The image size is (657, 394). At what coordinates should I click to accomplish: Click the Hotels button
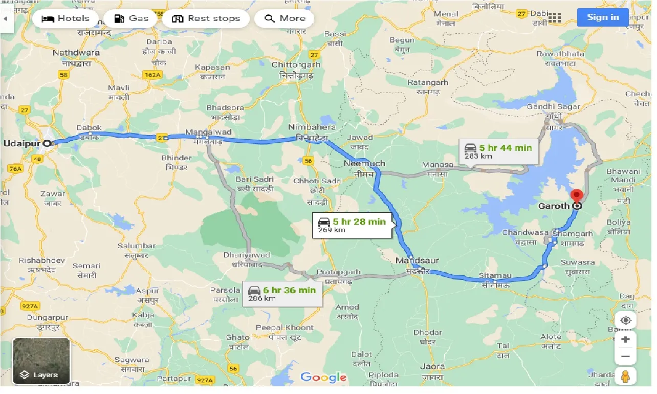pyautogui.click(x=65, y=19)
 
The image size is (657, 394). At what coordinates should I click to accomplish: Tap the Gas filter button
pyautogui.click(x=131, y=19)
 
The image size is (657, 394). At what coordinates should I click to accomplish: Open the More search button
pyautogui.click(x=284, y=19)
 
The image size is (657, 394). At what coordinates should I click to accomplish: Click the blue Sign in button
pyautogui.click(x=602, y=17)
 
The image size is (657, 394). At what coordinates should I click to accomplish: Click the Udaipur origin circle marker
pyautogui.click(x=47, y=144)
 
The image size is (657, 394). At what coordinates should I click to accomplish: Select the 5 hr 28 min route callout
pyautogui.click(x=352, y=225)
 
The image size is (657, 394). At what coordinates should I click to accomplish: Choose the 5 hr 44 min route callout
pyautogui.click(x=498, y=151)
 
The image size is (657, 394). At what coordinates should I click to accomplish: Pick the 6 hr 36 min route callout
pyautogui.click(x=282, y=294)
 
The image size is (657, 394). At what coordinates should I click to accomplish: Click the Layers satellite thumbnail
pyautogui.click(x=41, y=361)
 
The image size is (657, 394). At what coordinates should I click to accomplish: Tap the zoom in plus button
pyautogui.click(x=625, y=340)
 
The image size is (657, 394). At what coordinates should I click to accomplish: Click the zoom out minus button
pyautogui.click(x=625, y=357)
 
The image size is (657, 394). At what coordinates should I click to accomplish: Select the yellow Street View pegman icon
pyautogui.click(x=625, y=377)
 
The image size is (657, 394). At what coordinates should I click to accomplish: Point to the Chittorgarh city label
pyautogui.click(x=296, y=65)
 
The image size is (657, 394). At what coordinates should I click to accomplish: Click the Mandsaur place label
pyautogui.click(x=417, y=260)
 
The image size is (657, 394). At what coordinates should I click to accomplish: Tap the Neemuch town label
pyautogui.click(x=364, y=164)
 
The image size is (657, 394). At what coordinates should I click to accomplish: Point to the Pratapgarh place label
pyautogui.click(x=338, y=272)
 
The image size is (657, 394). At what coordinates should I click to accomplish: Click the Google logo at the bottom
pyautogui.click(x=323, y=378)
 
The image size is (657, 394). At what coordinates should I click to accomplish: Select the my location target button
pyautogui.click(x=625, y=321)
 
